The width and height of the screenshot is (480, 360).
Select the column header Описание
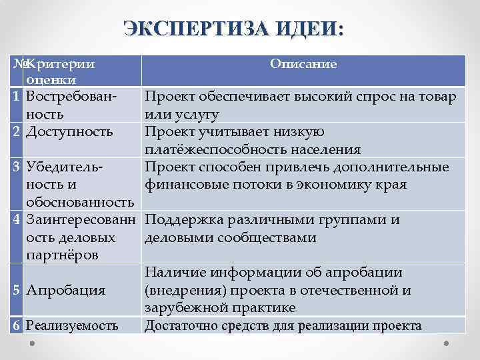point(303,64)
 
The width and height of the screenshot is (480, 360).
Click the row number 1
point(17,97)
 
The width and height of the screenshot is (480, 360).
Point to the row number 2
point(17,131)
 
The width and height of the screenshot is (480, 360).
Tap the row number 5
point(17,290)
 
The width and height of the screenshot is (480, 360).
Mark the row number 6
point(17,325)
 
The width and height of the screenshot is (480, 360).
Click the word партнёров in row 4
point(63,255)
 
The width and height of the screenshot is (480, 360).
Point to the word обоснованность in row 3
point(80,201)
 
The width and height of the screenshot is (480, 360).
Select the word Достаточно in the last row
point(179,325)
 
